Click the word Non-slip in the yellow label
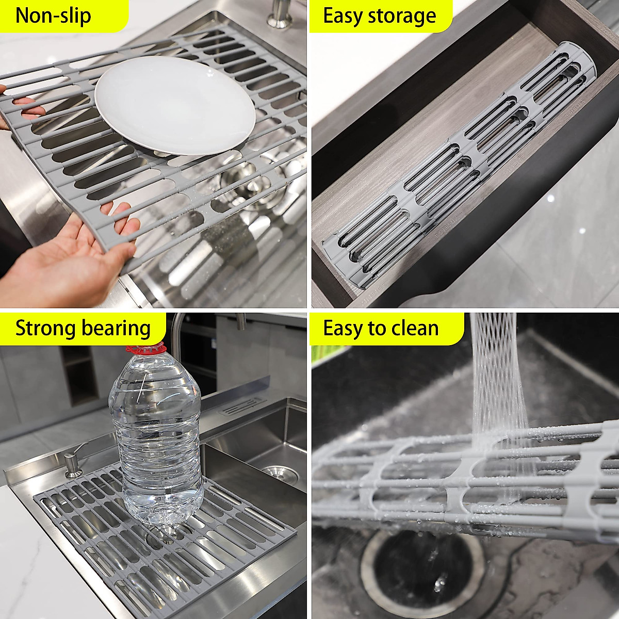pyautogui.click(x=53, y=16)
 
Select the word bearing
pyautogui.click(x=118, y=328)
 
